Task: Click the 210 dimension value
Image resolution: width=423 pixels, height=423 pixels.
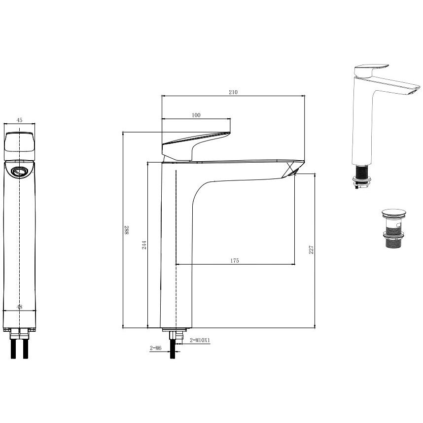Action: click(x=233, y=92)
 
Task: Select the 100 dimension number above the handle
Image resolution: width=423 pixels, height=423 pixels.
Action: click(x=196, y=115)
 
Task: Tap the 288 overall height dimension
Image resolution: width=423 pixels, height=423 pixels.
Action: click(x=126, y=230)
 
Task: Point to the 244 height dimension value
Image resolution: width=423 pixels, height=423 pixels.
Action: click(x=144, y=245)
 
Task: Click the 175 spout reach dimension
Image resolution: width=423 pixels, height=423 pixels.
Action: click(x=235, y=261)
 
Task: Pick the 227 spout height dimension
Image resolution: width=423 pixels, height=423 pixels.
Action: click(x=311, y=249)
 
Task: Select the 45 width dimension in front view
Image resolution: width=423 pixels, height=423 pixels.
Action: click(x=19, y=120)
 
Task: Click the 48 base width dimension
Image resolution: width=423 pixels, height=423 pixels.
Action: click(x=19, y=307)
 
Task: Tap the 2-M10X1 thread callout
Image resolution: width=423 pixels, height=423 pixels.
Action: click(x=200, y=341)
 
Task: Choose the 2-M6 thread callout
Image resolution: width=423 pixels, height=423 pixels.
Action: click(x=155, y=348)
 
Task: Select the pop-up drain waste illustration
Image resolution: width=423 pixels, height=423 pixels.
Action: click(x=393, y=228)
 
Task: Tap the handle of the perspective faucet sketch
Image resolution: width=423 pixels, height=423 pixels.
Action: click(x=371, y=70)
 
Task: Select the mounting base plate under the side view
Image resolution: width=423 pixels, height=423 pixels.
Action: click(x=174, y=330)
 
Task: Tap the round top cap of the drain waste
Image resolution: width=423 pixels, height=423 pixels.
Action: click(x=393, y=212)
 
